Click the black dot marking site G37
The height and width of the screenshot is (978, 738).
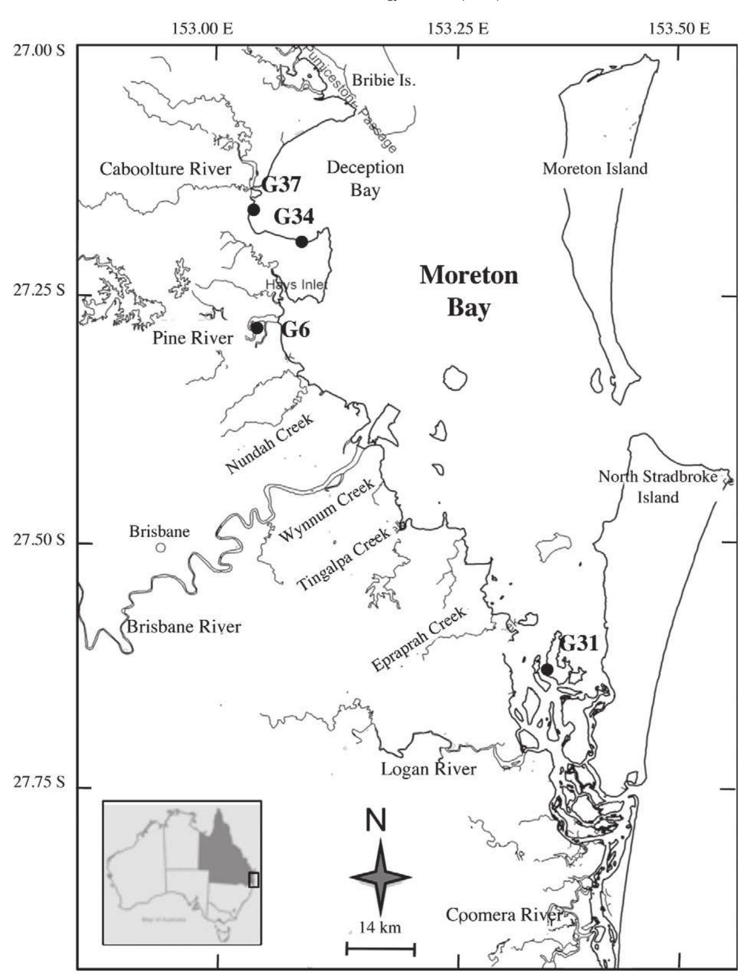253,209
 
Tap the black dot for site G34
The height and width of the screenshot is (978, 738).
302,241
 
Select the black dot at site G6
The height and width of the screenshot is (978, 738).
257,328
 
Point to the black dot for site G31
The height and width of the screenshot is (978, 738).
547,669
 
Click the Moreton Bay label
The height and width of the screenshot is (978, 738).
469,291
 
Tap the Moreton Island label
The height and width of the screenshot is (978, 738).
595,168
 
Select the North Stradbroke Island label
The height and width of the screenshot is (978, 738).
658,486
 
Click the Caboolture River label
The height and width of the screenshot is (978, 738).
165,169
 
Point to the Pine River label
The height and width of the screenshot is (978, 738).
193,337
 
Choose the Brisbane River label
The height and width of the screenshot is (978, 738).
184,626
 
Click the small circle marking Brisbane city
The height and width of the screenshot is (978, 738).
161,548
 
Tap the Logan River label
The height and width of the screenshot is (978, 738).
428,768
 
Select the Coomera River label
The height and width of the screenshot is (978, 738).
504,915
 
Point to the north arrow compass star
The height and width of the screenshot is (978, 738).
380,877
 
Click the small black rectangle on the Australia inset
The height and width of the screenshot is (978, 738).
253,879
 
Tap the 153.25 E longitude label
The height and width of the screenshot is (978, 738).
458,29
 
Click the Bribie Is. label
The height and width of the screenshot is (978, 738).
383,80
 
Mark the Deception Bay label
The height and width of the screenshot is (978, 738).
365,179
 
